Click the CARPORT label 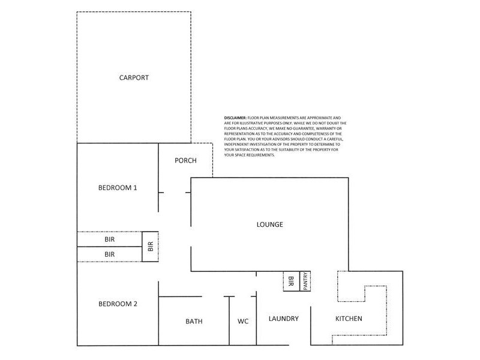click(134, 78)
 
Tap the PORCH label click(185, 161)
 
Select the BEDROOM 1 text click(118, 188)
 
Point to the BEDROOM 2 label click(118, 304)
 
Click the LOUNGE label click(269, 225)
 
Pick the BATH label click(194, 322)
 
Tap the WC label click(243, 322)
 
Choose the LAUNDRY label click(283, 319)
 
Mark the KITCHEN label click(348, 319)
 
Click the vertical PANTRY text click(305, 281)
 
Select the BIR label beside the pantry click(291, 281)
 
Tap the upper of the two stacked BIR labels click(109, 239)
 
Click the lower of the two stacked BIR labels click(109, 255)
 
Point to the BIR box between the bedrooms click(150, 247)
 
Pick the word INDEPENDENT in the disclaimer click(238, 145)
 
